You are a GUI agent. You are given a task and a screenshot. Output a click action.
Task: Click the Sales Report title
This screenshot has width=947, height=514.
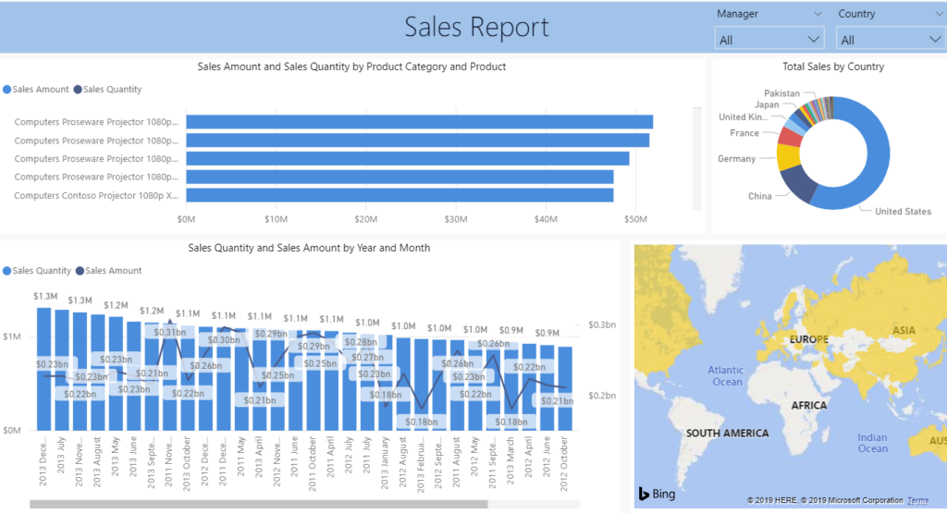[x=476, y=27]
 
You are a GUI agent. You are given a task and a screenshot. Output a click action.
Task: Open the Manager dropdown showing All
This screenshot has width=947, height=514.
[x=769, y=40]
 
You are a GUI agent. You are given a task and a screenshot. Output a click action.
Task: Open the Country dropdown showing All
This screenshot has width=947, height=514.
[x=890, y=40]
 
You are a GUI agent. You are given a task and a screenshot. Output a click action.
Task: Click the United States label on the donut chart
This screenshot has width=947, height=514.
[x=903, y=212]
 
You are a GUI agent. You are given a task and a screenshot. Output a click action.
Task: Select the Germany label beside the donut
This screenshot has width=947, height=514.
[x=736, y=159]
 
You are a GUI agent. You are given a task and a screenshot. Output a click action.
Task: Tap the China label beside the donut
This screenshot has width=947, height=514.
[x=759, y=196]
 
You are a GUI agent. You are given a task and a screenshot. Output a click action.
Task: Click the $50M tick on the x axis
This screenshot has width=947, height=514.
[x=635, y=219]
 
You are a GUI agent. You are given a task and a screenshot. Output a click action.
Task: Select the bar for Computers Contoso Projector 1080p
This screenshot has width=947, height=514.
[x=400, y=195]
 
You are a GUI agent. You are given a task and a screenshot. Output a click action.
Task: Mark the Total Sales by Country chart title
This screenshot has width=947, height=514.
[x=832, y=67]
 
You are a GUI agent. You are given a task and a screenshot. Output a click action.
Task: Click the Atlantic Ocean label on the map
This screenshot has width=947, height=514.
[x=725, y=376]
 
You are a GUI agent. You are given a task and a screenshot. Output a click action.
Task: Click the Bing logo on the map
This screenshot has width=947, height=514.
[x=657, y=494]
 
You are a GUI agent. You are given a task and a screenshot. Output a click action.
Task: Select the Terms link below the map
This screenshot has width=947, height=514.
[x=917, y=500]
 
